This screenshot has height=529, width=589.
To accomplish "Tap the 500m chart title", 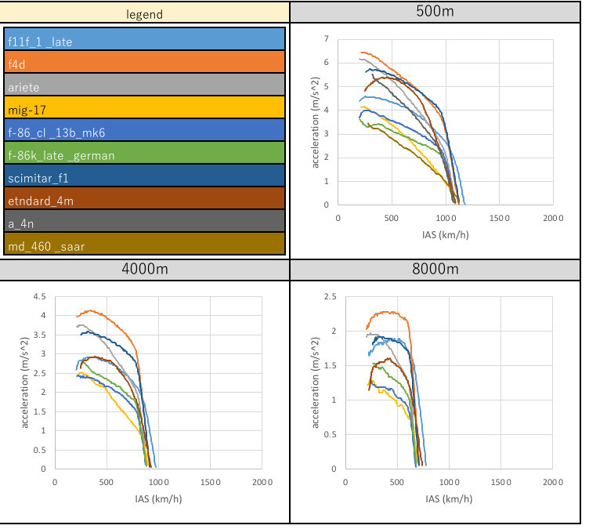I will click(435, 13).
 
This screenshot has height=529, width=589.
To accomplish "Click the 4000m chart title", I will click(145, 271).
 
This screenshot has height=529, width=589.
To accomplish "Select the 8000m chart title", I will click(435, 271).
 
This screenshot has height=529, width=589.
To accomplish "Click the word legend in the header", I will click(145, 13).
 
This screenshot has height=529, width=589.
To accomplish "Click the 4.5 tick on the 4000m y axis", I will click(38, 296).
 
